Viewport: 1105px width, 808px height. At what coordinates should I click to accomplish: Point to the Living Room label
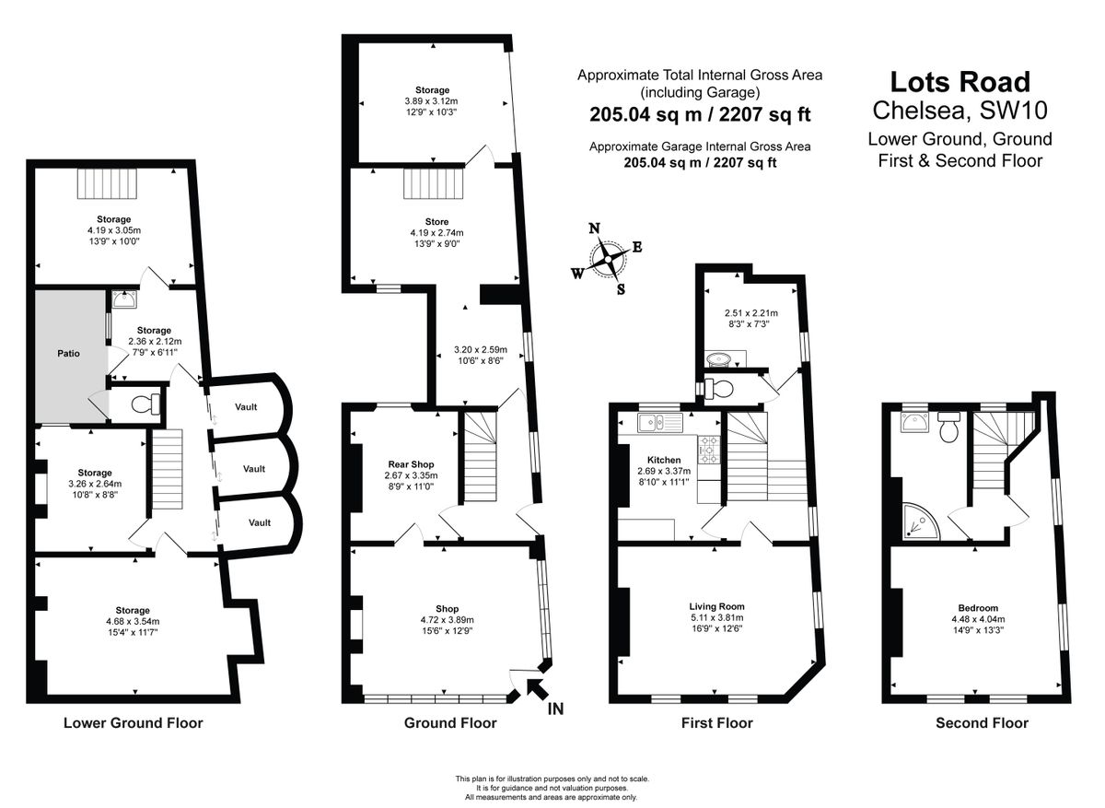(716, 606)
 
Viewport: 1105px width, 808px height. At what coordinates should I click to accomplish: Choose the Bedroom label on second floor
(977, 608)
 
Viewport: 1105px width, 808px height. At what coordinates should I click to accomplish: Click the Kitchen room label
(664, 460)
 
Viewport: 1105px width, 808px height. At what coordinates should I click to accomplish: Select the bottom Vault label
(259, 522)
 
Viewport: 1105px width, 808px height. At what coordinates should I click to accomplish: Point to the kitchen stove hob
(710, 449)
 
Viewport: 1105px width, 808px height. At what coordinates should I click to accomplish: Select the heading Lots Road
(960, 83)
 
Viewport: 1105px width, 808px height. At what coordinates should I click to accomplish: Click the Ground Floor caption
(450, 723)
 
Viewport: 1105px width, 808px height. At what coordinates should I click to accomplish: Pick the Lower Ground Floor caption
(133, 723)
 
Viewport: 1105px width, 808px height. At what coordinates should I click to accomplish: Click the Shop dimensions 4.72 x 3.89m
(447, 620)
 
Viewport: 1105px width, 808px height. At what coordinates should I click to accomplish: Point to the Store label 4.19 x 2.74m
(436, 233)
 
